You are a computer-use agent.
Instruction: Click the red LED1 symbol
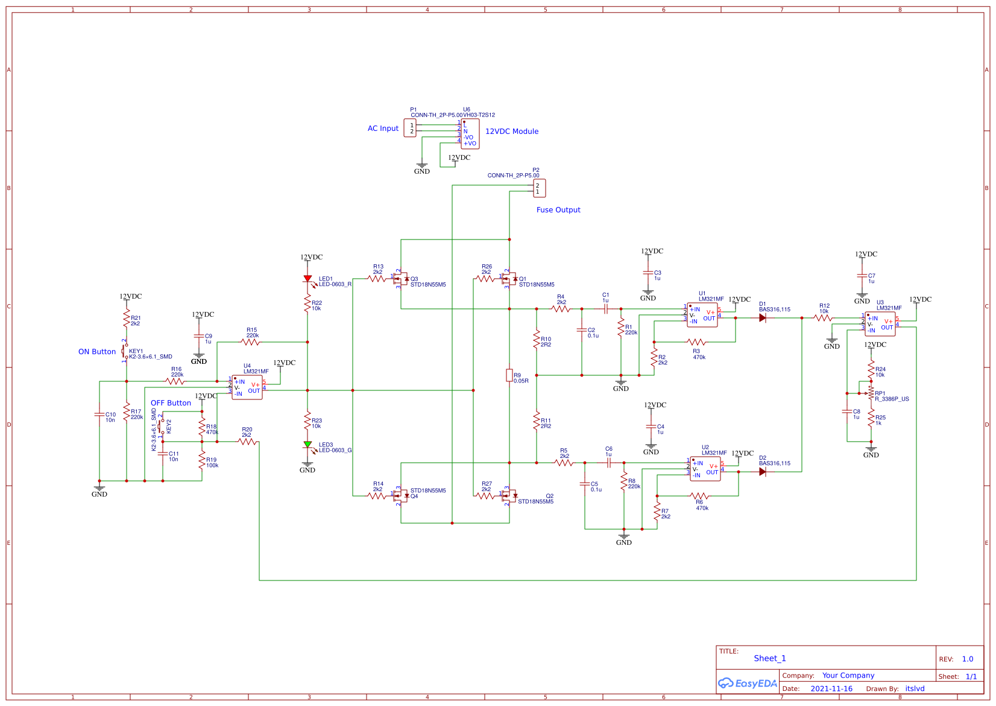point(307,279)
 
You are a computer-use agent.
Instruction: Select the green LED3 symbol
point(307,445)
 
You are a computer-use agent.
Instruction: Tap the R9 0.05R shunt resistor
point(509,375)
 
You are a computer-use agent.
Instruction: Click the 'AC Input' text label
point(383,129)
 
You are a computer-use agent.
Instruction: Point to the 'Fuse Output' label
point(558,210)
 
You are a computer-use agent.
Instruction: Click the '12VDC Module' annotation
point(511,132)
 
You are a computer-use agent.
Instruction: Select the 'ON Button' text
point(96,352)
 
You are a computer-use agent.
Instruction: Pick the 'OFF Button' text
point(171,403)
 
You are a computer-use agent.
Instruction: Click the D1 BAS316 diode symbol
point(763,318)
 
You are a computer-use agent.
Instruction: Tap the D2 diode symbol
point(763,472)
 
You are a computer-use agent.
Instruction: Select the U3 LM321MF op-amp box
point(880,324)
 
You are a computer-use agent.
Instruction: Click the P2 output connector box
point(539,188)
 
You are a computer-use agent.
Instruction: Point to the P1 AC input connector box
point(410,128)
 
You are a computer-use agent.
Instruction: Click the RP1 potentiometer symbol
point(871,393)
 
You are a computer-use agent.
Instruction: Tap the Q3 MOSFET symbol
point(401,279)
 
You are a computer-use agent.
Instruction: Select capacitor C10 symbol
point(99,415)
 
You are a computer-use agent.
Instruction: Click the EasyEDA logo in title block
point(747,683)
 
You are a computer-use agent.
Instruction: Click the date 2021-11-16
point(831,689)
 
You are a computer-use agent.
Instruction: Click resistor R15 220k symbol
point(250,342)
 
